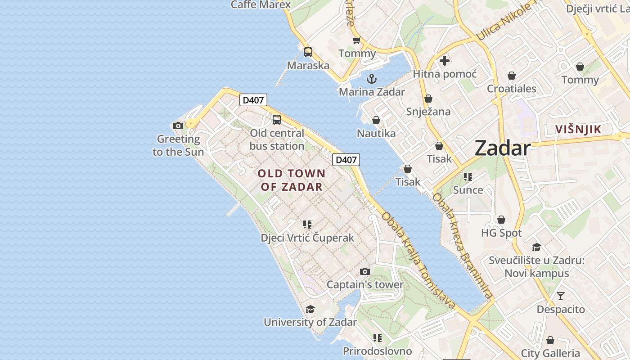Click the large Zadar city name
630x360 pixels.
[x=502, y=148]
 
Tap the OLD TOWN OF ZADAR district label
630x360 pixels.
[x=291, y=180]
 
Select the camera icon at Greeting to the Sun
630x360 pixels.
[x=178, y=126]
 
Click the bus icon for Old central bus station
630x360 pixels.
[x=277, y=120]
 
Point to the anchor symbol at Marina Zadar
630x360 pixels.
[x=372, y=79]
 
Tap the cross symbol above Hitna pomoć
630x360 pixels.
[x=445, y=61]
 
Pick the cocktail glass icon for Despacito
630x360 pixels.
[x=561, y=296]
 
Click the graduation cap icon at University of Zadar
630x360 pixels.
[x=310, y=309]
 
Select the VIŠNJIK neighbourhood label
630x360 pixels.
[x=578, y=130]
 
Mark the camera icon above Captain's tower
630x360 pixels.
[x=365, y=271]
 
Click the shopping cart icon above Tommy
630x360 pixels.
[x=357, y=40]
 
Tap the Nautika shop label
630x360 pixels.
[x=376, y=133]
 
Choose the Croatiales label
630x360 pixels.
[x=512, y=89]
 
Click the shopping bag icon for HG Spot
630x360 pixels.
[x=501, y=220]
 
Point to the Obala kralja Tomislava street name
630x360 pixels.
[x=418, y=260]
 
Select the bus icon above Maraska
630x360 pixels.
[x=308, y=52]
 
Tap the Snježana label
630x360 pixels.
[x=428, y=112]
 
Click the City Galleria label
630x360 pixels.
[x=550, y=353]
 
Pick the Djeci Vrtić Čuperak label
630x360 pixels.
[x=307, y=238]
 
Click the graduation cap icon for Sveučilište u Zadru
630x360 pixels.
[x=536, y=247]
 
